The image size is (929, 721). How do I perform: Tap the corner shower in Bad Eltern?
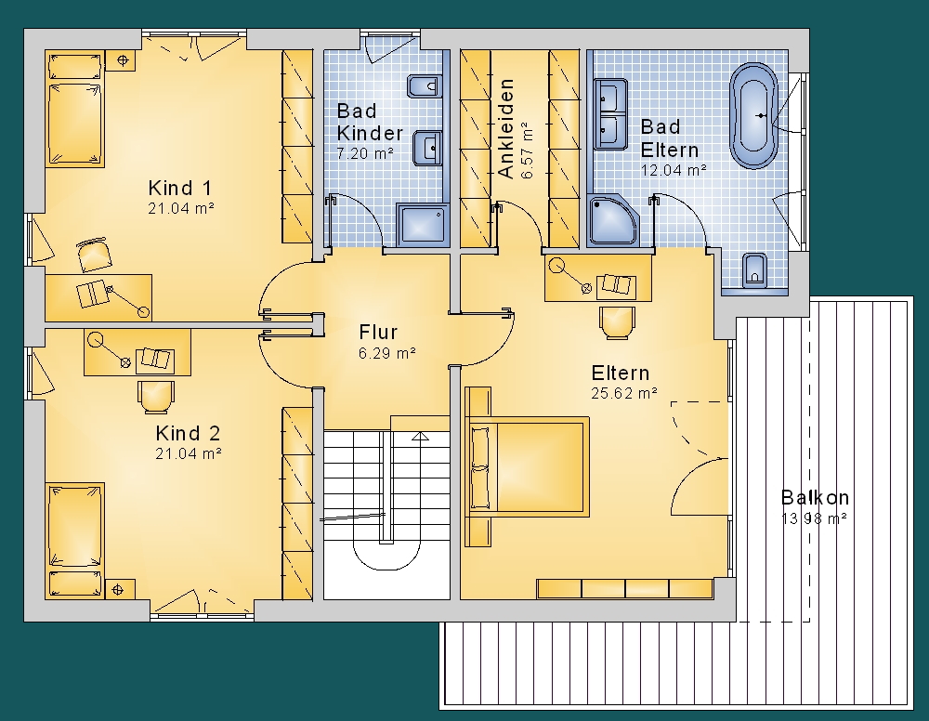613,219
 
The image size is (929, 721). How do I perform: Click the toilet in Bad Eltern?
754,270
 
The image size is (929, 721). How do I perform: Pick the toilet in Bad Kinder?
425,86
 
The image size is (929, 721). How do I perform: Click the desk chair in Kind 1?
94,255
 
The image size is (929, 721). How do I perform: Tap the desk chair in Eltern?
617,323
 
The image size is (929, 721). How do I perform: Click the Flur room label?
378,332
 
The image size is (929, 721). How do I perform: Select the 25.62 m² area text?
624,393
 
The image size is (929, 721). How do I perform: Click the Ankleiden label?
506,128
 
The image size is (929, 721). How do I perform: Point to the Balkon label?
815,497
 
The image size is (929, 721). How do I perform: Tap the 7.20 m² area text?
365,153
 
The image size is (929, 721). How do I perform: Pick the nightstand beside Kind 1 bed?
123,59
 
